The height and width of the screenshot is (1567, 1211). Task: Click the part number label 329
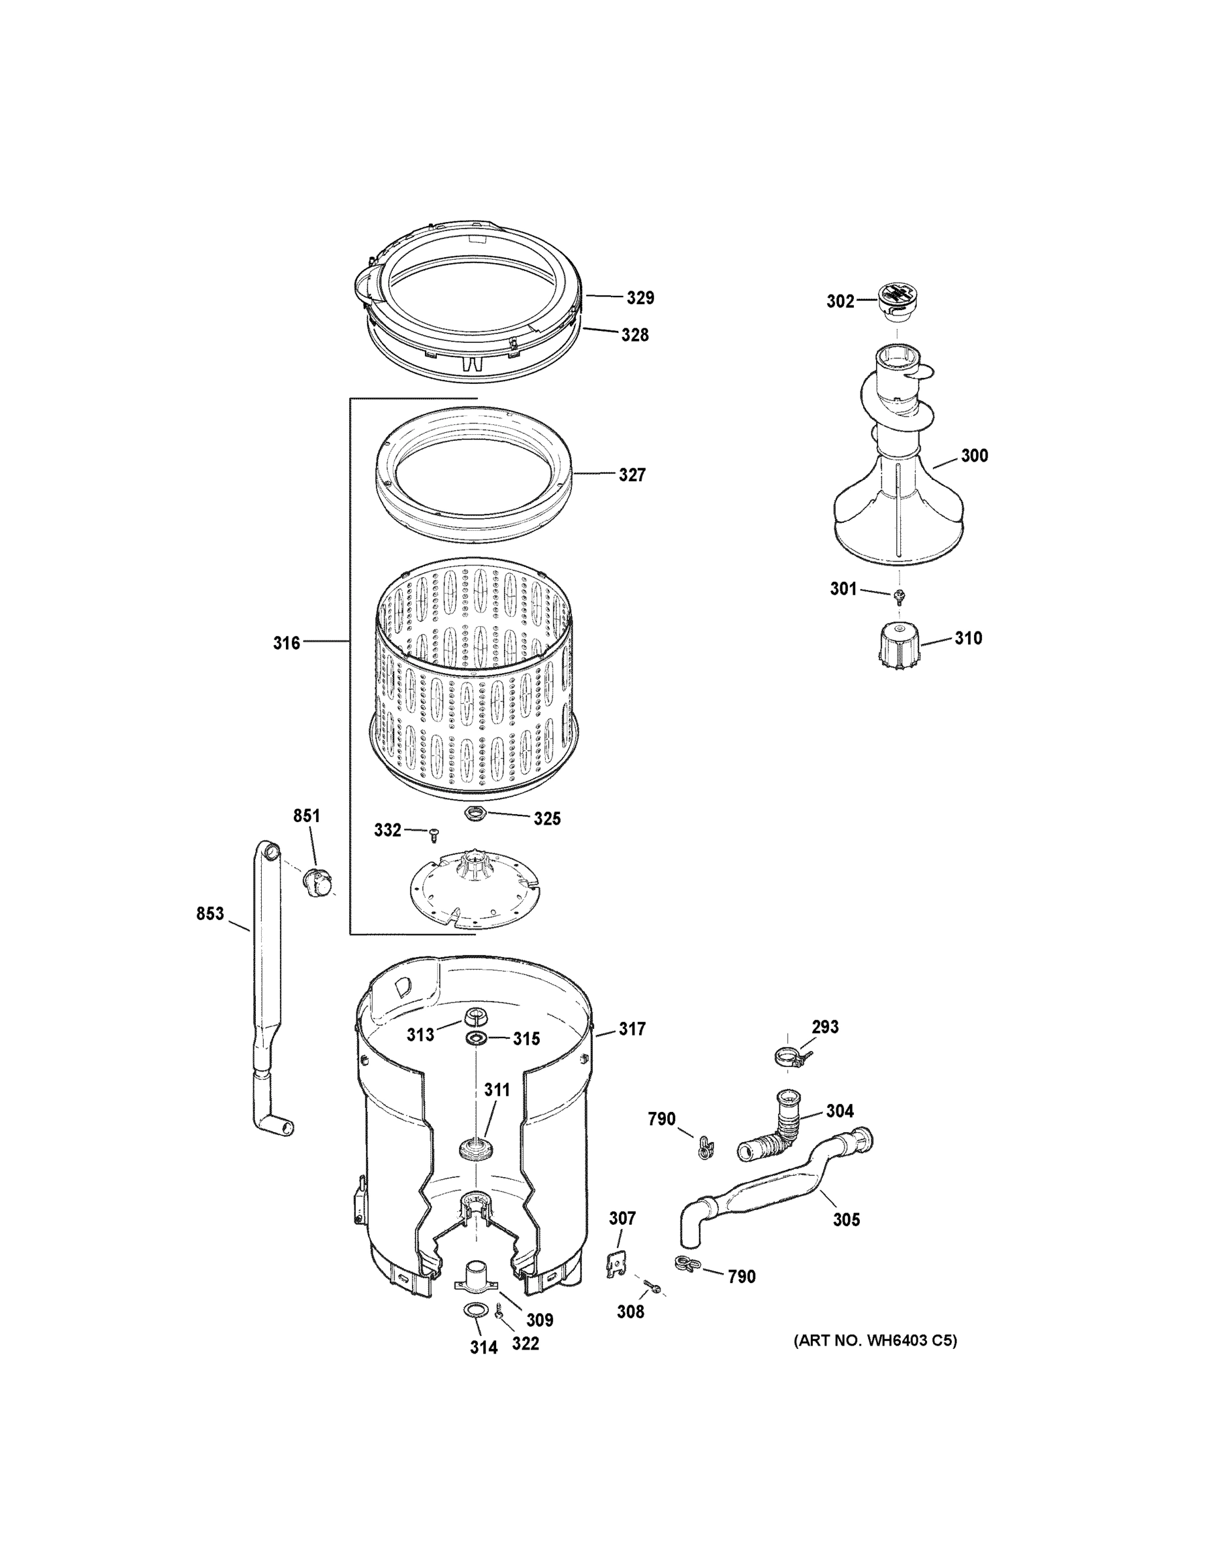(640, 298)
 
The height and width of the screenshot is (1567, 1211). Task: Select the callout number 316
(286, 643)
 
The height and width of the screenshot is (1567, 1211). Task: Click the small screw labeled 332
(433, 834)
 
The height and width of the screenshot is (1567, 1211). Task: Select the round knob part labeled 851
(317, 882)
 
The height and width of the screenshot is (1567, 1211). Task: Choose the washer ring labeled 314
(472, 1311)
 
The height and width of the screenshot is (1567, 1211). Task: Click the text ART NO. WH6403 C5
(875, 1340)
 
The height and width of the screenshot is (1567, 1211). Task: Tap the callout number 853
(210, 914)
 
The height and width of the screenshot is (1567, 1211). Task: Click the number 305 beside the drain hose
(846, 1219)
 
